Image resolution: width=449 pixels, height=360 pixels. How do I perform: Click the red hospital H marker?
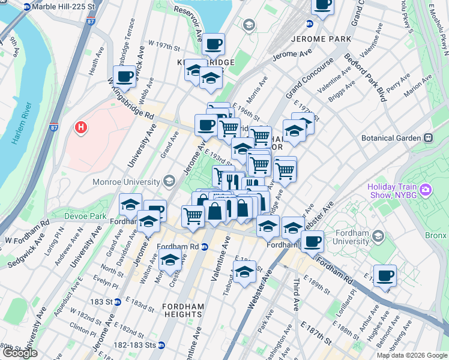pos(80,128)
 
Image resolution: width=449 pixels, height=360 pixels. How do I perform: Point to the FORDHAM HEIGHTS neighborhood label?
pos(183,310)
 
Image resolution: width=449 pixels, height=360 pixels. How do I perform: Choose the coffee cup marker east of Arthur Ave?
pos(385,276)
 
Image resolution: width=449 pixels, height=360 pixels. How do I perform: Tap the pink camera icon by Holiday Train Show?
pos(426,191)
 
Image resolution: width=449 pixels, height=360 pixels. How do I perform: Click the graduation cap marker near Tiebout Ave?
pos(244,271)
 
